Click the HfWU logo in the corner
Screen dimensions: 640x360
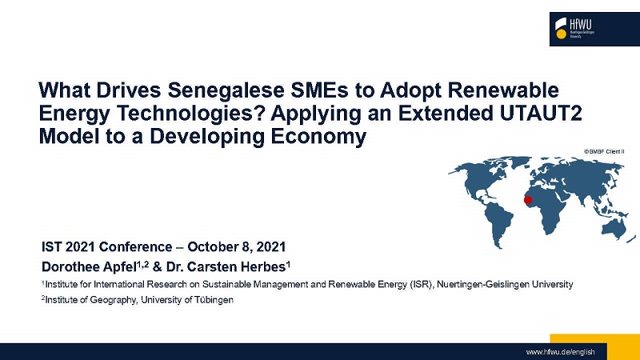pyautogui.click(x=594, y=29)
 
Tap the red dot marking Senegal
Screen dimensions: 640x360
pyautogui.click(x=528, y=200)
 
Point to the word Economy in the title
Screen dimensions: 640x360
pyautogui.click(x=318, y=138)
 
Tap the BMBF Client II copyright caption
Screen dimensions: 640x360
pyautogui.click(x=604, y=151)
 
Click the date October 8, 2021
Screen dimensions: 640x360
pyautogui.click(x=236, y=247)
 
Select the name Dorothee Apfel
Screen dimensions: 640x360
pyautogui.click(x=89, y=267)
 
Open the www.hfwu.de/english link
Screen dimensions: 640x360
pyautogui.click(x=560, y=352)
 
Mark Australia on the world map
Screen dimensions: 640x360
pyautogui.click(x=614, y=229)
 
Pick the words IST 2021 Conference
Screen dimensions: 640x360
pyautogui.click(x=107, y=247)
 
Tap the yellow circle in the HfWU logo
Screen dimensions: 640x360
pyautogui.click(x=562, y=34)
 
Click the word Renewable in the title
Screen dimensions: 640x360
pyautogui.click(x=503, y=90)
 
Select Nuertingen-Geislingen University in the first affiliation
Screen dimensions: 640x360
pyautogui.click(x=505, y=284)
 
